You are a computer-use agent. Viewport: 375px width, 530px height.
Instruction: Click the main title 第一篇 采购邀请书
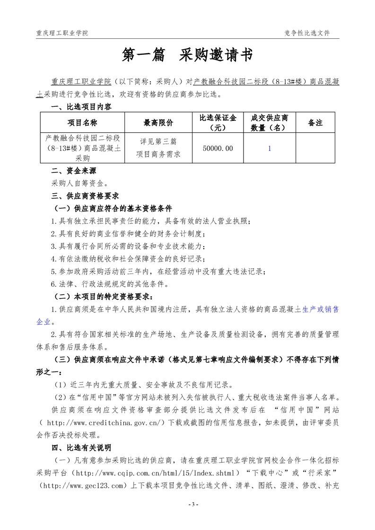[187, 55]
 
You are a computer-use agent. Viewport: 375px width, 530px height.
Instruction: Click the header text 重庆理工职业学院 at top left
[62, 33]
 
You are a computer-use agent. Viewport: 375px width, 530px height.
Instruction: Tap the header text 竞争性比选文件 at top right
[307, 33]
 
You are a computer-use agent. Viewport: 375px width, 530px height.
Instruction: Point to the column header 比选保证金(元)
[218, 122]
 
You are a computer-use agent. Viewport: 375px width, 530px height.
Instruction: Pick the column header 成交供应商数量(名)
[270, 122]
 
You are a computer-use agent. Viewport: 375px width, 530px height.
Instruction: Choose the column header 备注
[315, 123]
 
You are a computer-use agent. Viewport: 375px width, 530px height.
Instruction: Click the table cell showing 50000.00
[218, 148]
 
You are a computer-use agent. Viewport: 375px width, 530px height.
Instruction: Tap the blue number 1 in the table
[270, 148]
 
